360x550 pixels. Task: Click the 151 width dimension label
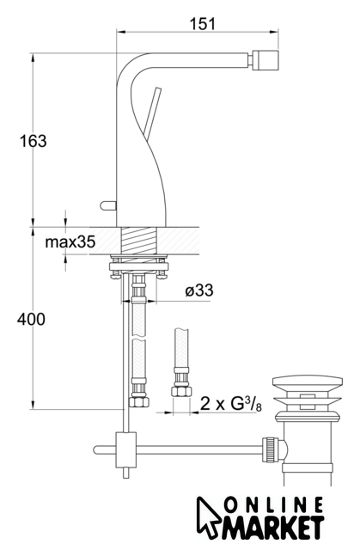[x=203, y=24]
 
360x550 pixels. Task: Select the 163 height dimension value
[x=33, y=141]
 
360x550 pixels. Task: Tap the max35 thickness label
[x=70, y=242]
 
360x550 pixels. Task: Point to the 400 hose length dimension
[x=31, y=319]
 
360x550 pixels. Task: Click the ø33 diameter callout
[x=199, y=290]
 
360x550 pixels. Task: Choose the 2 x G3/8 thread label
[x=231, y=404]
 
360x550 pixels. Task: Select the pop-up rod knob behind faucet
[x=108, y=205]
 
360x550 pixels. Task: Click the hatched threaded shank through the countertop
[x=139, y=240]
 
